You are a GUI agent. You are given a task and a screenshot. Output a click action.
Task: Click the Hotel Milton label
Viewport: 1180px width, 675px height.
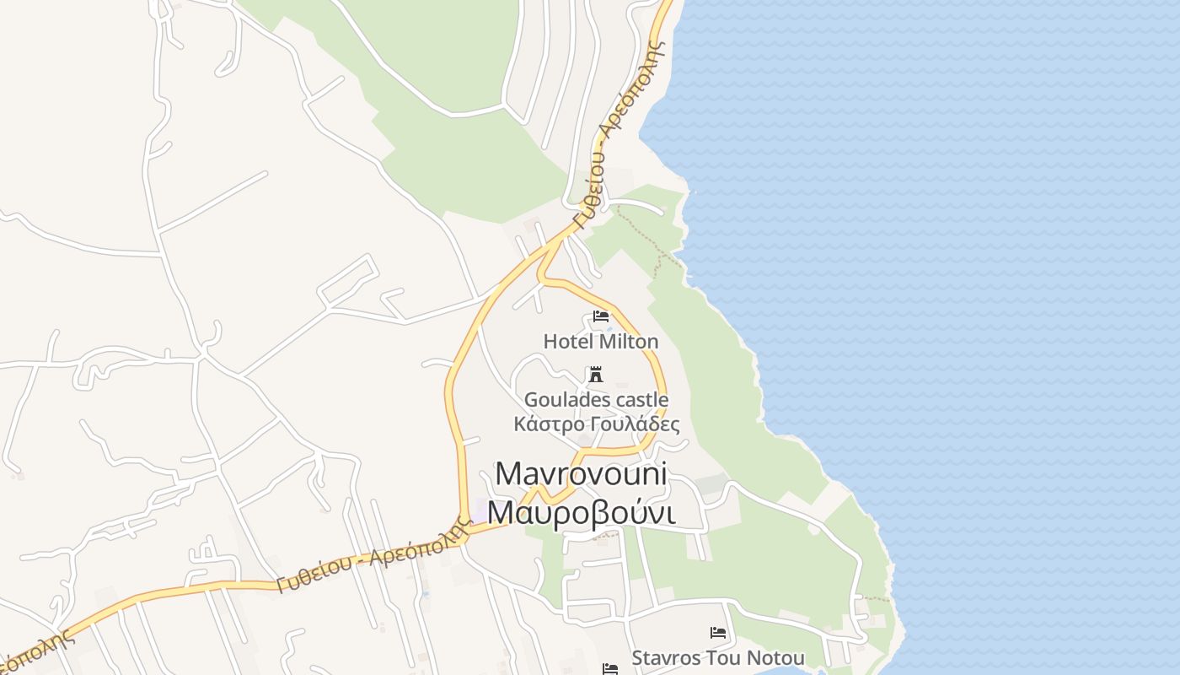pyautogui.click(x=601, y=342)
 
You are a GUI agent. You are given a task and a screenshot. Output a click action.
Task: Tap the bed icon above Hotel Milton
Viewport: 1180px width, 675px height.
pyautogui.click(x=601, y=316)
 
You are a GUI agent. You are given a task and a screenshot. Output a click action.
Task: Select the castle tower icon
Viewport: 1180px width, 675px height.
pyautogui.click(x=596, y=375)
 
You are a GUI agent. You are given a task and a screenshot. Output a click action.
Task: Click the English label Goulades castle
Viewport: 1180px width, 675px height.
pyautogui.click(x=597, y=399)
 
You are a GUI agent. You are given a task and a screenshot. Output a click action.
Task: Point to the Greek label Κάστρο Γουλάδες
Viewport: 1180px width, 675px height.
pyautogui.click(x=597, y=424)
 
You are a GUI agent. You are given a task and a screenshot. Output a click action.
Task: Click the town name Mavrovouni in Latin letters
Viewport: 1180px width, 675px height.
pyautogui.click(x=582, y=474)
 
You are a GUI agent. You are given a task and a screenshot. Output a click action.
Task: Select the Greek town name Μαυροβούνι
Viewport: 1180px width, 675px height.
pyautogui.click(x=582, y=512)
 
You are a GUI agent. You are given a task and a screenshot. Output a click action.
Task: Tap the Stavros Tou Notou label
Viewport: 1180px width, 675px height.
pyautogui.click(x=718, y=658)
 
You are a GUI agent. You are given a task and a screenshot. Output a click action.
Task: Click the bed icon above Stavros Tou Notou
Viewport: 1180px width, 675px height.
pyautogui.click(x=718, y=632)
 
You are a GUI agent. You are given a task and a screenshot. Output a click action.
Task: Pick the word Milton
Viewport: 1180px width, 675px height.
pyautogui.click(x=629, y=342)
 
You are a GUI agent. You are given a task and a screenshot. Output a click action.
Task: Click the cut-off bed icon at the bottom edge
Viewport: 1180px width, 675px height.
pyautogui.click(x=610, y=669)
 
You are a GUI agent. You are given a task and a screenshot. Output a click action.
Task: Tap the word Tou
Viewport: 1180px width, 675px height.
pyautogui.click(x=725, y=658)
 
